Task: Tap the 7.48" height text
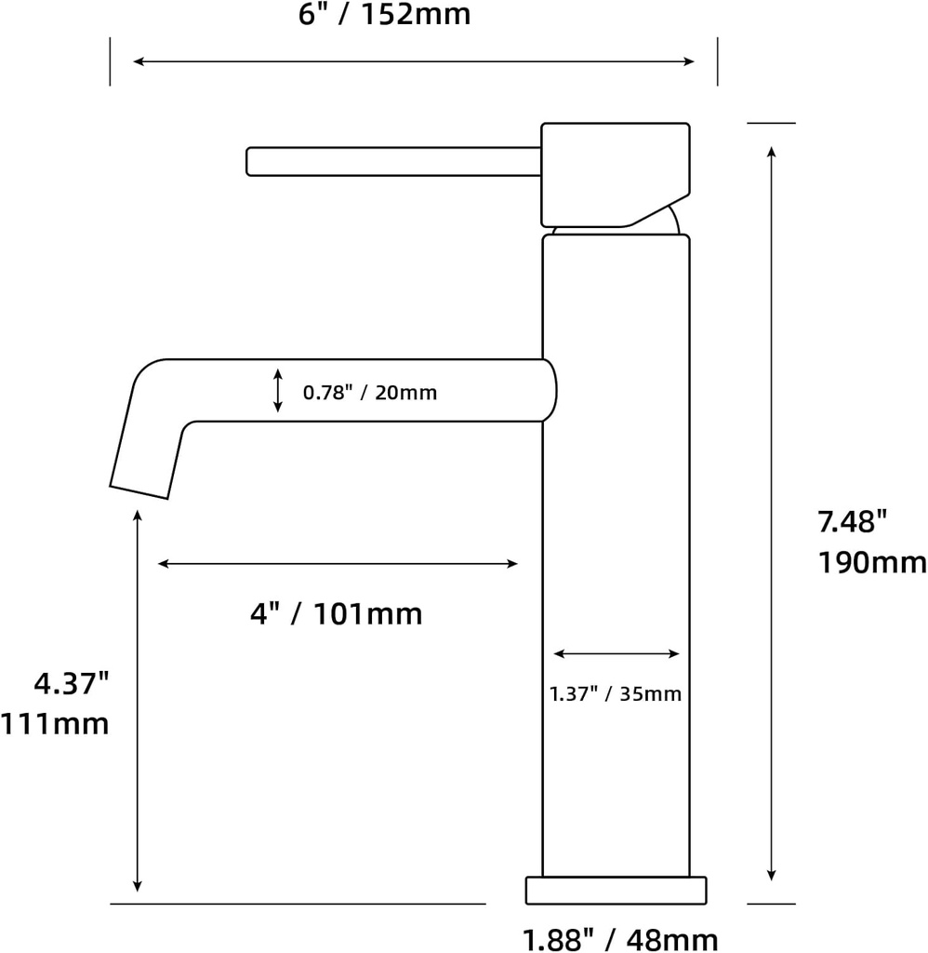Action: (x=847, y=523)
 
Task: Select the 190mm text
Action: (x=872, y=563)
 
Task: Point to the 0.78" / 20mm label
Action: (x=370, y=393)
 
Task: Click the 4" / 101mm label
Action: (x=336, y=614)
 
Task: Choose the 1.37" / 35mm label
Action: (x=616, y=694)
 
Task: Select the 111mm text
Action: (x=56, y=723)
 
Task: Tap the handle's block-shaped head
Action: (x=614, y=173)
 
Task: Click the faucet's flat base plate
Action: (x=616, y=890)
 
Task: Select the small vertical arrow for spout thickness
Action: (x=278, y=391)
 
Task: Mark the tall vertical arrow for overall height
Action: (x=771, y=513)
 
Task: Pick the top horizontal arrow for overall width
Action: (x=413, y=61)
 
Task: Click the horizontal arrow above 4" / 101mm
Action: (x=338, y=564)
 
